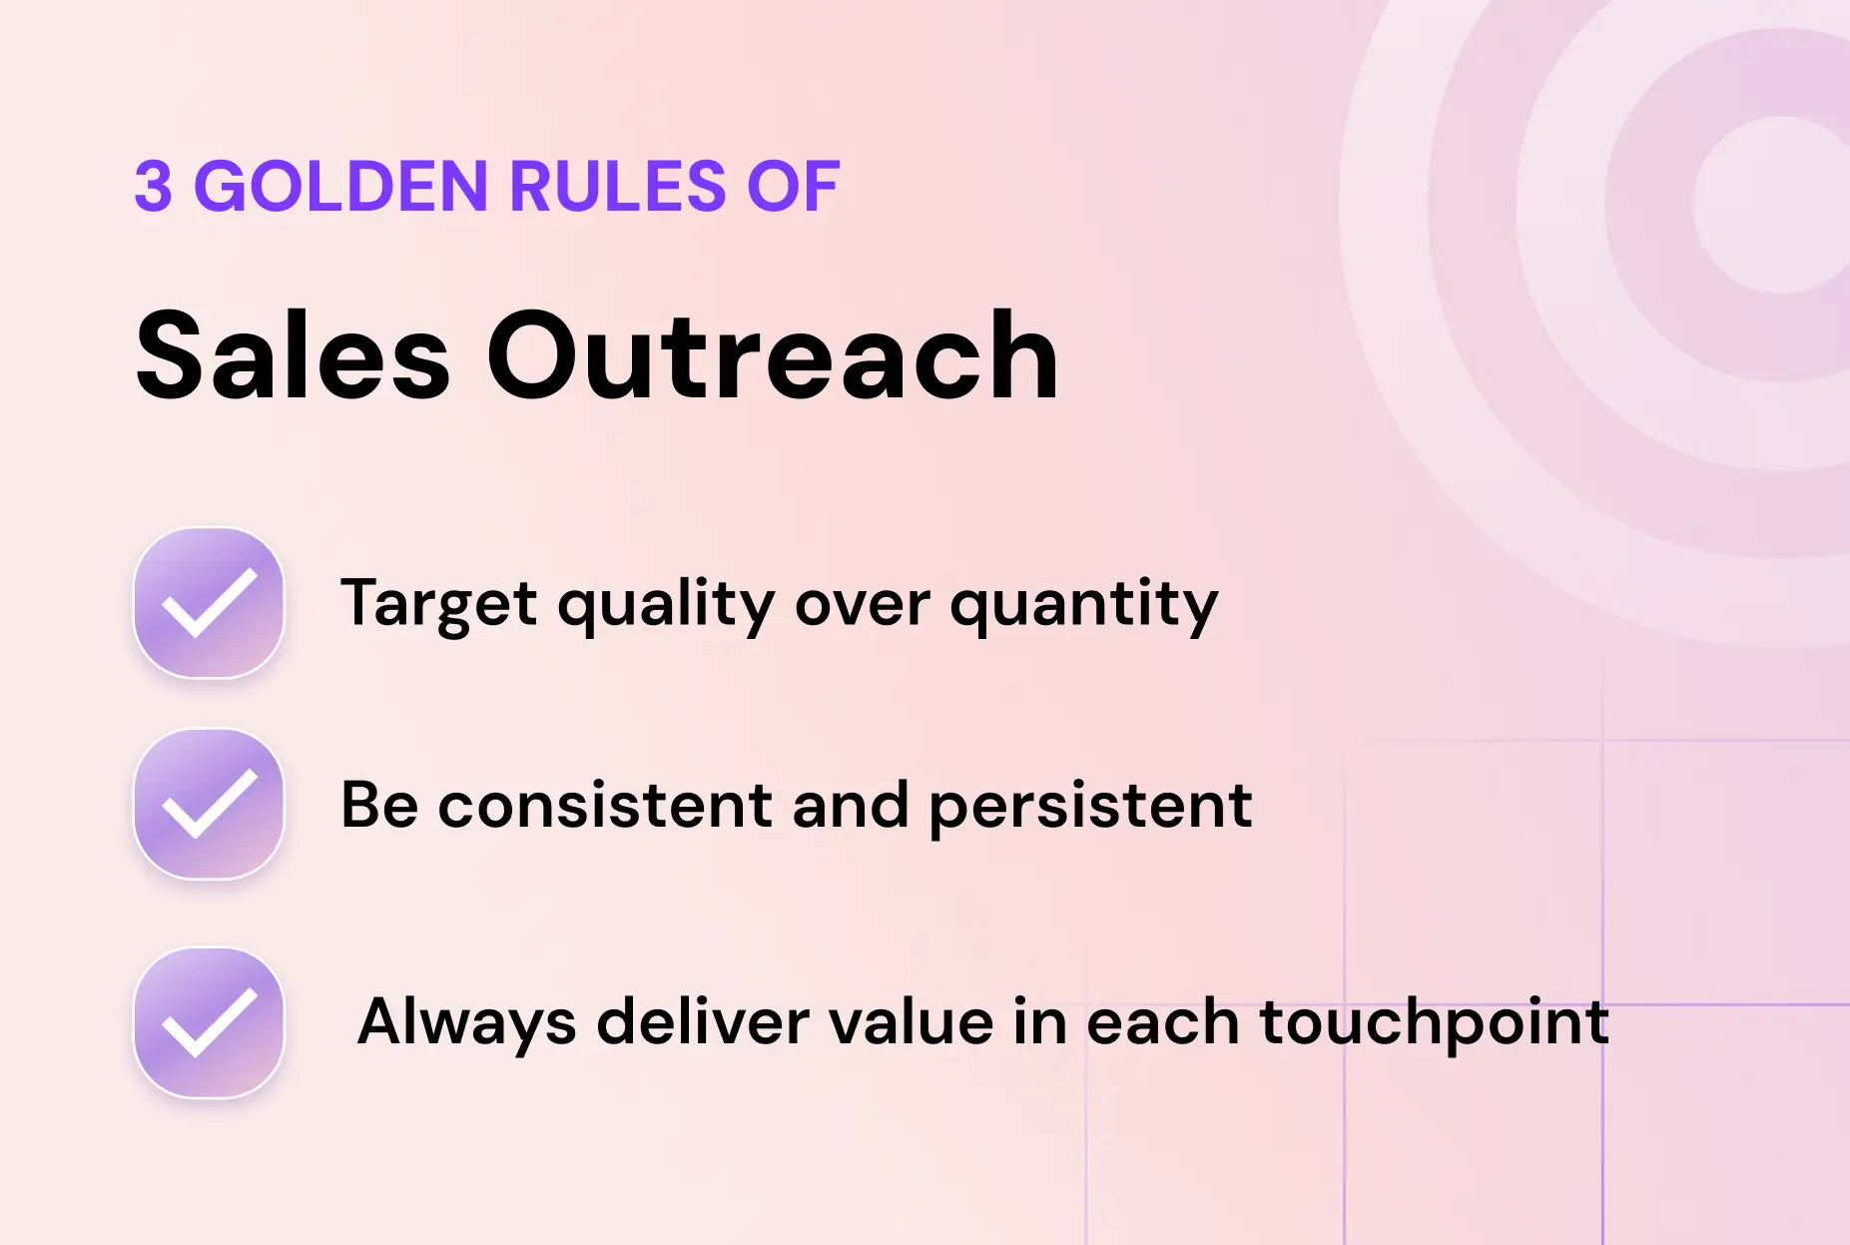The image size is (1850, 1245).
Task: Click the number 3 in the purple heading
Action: [153, 187]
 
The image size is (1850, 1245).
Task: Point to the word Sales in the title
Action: [293, 356]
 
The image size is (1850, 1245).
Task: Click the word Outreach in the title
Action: [772, 356]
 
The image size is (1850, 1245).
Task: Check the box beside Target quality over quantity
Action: [210, 603]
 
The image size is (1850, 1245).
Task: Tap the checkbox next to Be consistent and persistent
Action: [210, 805]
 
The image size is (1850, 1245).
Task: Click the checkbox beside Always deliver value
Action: [210, 1023]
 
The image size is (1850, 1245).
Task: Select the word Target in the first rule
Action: [439, 604]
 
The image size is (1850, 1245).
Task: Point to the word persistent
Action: [1090, 805]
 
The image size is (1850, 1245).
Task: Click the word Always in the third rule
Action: [466, 1022]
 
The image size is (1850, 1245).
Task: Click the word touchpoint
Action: [1434, 1022]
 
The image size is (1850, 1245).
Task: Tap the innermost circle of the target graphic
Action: [1780, 205]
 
